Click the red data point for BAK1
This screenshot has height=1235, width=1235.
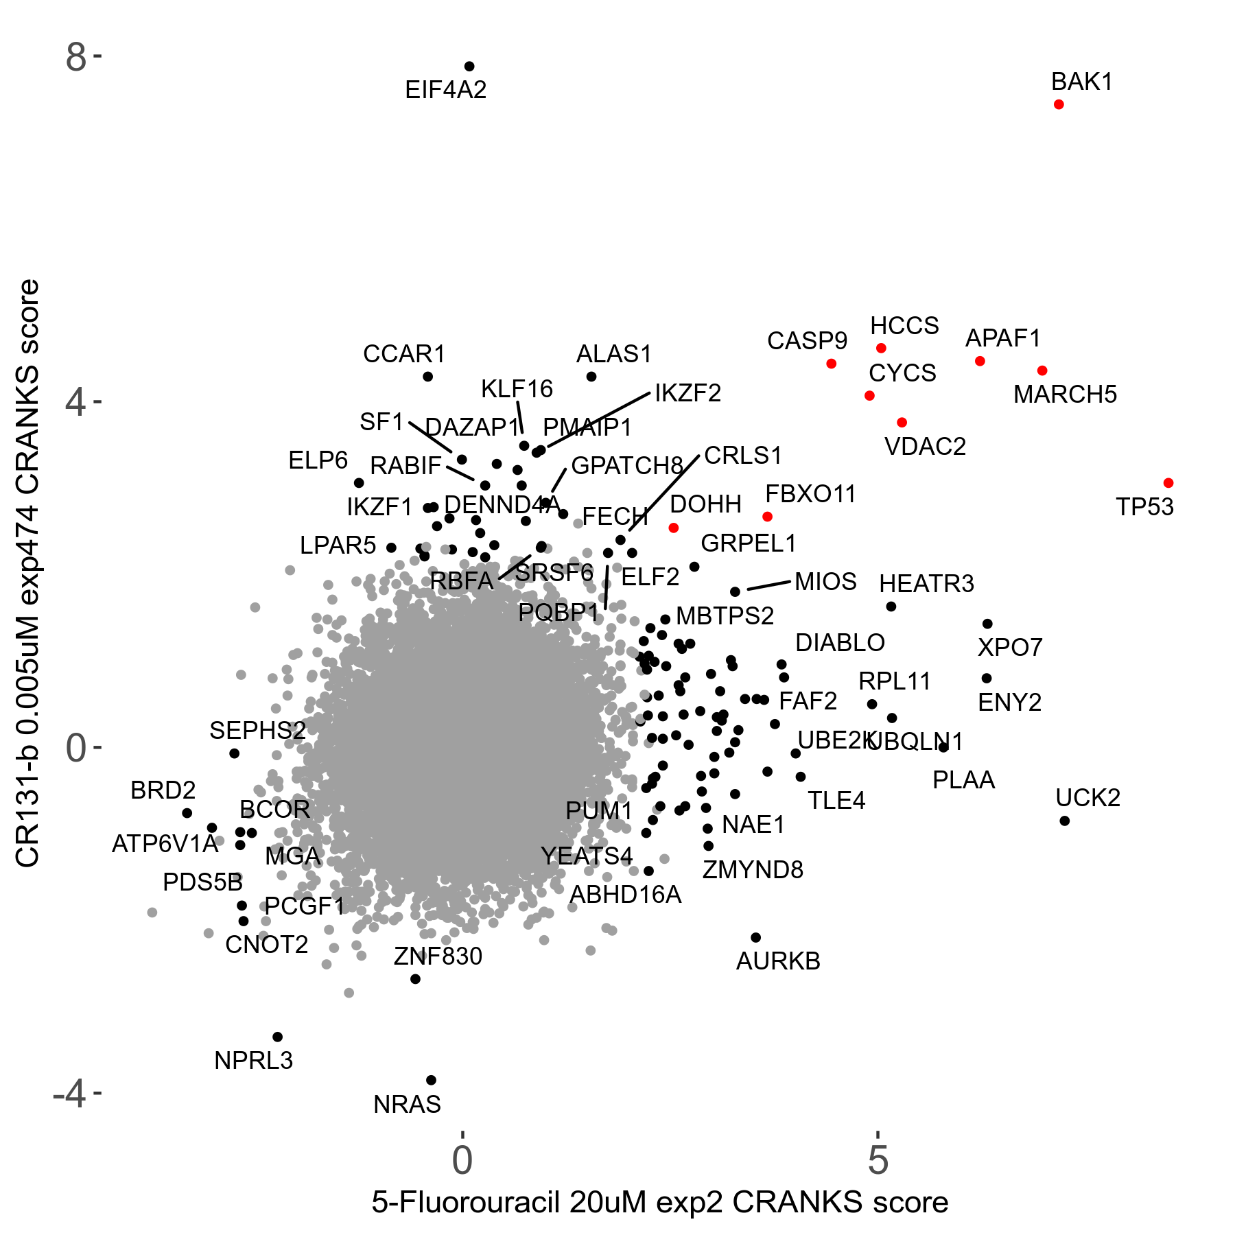coord(1059,104)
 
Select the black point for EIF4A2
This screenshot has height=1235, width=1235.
coord(469,67)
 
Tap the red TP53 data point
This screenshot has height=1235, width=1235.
coord(1168,483)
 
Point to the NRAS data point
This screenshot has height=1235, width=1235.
coord(432,1080)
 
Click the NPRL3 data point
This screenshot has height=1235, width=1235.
coord(278,1037)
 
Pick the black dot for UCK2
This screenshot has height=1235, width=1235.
coord(1065,821)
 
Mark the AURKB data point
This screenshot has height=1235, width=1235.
coord(756,937)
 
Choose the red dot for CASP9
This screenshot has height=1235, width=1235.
coord(832,364)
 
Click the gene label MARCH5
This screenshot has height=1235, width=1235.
coord(1065,395)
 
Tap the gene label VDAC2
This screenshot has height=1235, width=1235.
coord(925,447)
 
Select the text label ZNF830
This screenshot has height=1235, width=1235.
coord(438,956)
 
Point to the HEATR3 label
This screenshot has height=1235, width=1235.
coord(926,584)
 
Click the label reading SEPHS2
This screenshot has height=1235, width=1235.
coord(257,731)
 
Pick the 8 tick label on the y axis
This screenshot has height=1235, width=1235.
coord(76,58)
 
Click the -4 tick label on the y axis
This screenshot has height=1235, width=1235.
coord(69,1093)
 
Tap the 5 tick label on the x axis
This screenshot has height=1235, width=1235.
coord(878,1160)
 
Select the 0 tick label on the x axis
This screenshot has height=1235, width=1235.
coord(462,1160)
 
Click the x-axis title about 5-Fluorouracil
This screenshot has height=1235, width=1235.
coord(660,1203)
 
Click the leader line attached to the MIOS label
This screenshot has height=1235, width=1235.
coord(768,585)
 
